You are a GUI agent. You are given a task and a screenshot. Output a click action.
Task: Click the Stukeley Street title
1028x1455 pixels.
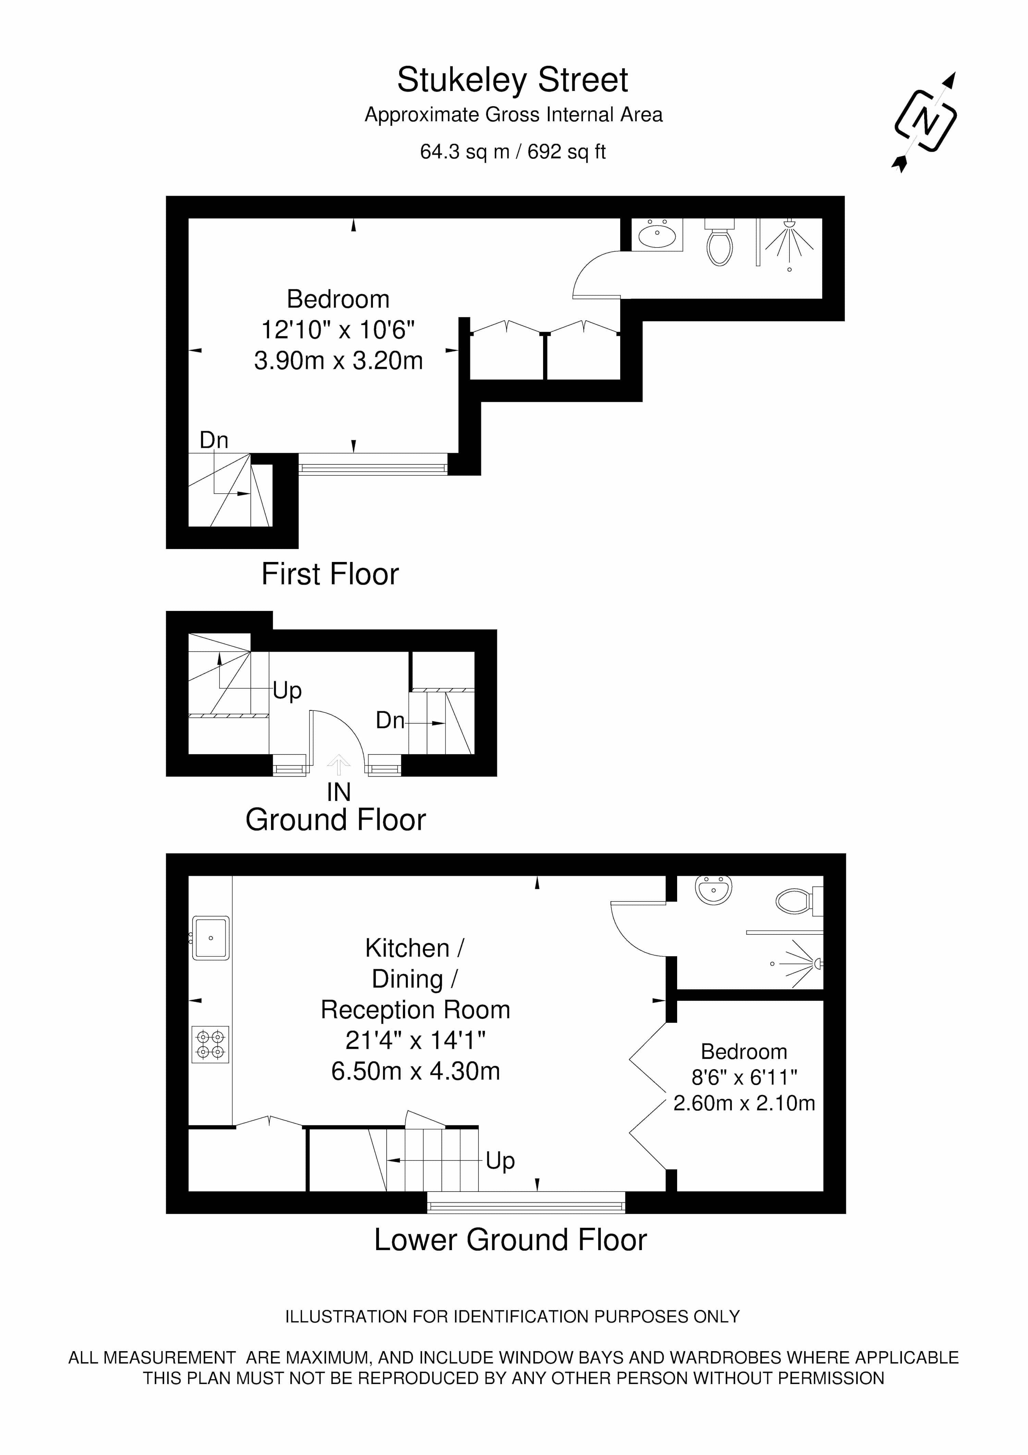click(513, 81)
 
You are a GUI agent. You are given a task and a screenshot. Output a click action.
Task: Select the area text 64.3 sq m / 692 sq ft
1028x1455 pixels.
click(513, 152)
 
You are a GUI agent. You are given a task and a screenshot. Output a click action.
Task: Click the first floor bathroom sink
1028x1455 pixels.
click(657, 235)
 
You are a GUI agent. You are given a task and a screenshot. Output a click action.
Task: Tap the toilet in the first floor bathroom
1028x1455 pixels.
click(719, 242)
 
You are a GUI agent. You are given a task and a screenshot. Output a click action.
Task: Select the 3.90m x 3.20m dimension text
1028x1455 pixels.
click(339, 360)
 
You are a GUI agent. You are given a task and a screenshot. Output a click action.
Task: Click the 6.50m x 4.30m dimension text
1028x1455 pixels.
click(416, 1071)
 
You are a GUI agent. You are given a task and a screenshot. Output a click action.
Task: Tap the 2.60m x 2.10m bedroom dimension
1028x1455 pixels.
click(744, 1103)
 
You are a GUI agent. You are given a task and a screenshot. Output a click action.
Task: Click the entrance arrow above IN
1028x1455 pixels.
click(339, 764)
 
